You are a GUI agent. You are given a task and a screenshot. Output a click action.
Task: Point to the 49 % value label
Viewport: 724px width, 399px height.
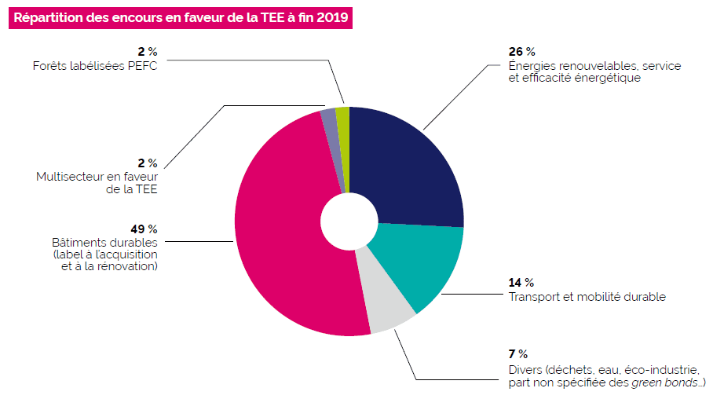point(144,229)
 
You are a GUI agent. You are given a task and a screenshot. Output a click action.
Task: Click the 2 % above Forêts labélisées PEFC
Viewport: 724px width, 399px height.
point(148,53)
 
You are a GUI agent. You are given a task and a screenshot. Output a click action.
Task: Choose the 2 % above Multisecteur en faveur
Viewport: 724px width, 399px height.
point(148,163)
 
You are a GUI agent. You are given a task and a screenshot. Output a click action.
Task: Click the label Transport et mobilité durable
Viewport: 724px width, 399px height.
point(587,297)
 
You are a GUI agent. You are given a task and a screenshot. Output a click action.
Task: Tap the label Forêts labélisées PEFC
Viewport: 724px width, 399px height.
point(95,66)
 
